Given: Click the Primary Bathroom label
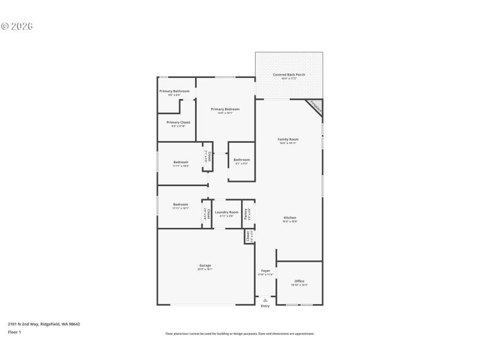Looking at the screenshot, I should pyautogui.click(x=174, y=91).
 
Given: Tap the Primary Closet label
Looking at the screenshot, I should pyautogui.click(x=178, y=122).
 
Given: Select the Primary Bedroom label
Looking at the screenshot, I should pyautogui.click(x=225, y=109).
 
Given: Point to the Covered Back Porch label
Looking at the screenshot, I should pyautogui.click(x=289, y=75).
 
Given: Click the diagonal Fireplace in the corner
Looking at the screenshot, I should pyautogui.click(x=316, y=107).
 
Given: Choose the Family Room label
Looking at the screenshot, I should pyautogui.click(x=289, y=139).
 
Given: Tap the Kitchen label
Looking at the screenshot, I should pyautogui.click(x=290, y=218).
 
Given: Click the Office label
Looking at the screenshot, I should pyautogui.click(x=299, y=281).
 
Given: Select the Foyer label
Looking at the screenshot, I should pyautogui.click(x=265, y=271).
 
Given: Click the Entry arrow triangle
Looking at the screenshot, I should pyautogui.click(x=265, y=300).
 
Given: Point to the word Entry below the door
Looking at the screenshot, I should pyautogui.click(x=265, y=306).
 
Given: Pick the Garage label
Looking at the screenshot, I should pyautogui.click(x=205, y=265).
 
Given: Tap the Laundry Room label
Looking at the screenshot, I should pyautogui.click(x=227, y=212).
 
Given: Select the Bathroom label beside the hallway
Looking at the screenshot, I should pyautogui.click(x=242, y=160).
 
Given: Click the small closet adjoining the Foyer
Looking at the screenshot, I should pyautogui.click(x=248, y=236).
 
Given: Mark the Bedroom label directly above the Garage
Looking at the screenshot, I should pyautogui.click(x=181, y=205).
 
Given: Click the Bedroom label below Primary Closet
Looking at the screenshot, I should pyautogui.click(x=181, y=162).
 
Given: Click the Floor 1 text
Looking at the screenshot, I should pyautogui.click(x=14, y=332).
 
